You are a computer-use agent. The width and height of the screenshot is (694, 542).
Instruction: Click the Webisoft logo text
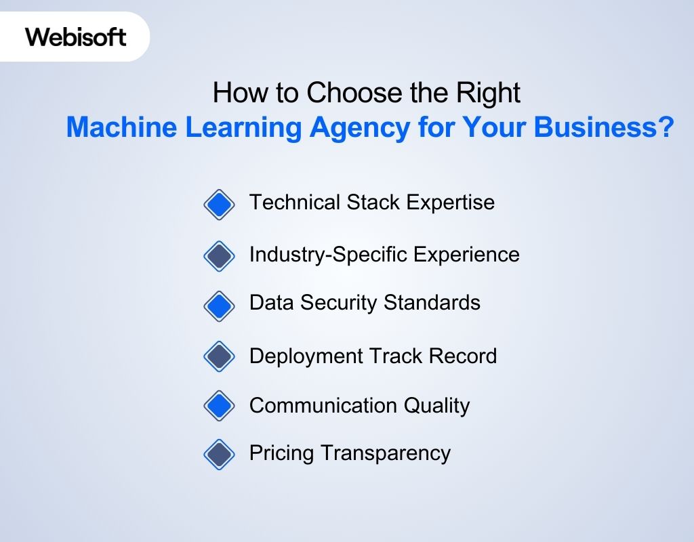(76, 37)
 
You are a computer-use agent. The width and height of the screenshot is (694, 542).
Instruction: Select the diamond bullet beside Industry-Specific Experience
(219, 256)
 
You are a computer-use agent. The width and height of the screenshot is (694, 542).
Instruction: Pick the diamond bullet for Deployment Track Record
(219, 356)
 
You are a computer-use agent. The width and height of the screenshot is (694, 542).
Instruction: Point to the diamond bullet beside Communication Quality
(219, 406)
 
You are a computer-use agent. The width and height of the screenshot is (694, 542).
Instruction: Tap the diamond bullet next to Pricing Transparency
(219, 454)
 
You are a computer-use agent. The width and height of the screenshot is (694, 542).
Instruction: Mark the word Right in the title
(489, 93)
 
